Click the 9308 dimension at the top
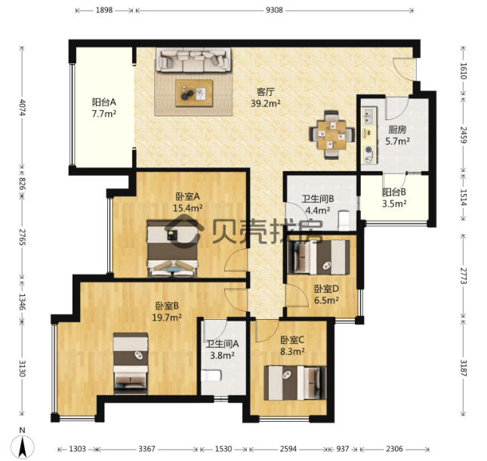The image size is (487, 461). pyautogui.click(x=274, y=11)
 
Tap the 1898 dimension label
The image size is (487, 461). pyautogui.click(x=104, y=11)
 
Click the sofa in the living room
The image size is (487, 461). pyautogui.click(x=193, y=60)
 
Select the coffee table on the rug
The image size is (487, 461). pyautogui.click(x=194, y=93)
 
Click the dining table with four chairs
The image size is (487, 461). pyautogui.click(x=331, y=135)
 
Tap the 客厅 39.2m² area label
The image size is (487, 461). pyautogui.click(x=266, y=97)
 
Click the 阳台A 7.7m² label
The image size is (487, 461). pyautogui.click(x=103, y=108)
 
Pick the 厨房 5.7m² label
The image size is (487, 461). pyautogui.click(x=397, y=135)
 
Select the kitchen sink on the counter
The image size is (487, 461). pyautogui.click(x=368, y=116)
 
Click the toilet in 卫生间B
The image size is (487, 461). pyautogui.click(x=344, y=220)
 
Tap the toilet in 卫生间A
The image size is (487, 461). pyautogui.click(x=211, y=375)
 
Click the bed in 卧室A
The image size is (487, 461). pyautogui.click(x=172, y=248)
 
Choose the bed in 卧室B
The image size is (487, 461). pyautogui.click(x=131, y=364)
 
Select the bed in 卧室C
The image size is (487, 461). pyautogui.click(x=295, y=383)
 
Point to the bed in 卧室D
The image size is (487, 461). pyautogui.click(x=319, y=257)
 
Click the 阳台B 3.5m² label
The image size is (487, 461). pyautogui.click(x=394, y=198)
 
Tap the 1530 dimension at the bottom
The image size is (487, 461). pyautogui.click(x=223, y=449)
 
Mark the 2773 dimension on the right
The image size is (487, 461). pyautogui.click(x=464, y=275)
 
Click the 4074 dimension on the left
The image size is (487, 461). pyautogui.click(x=22, y=107)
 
